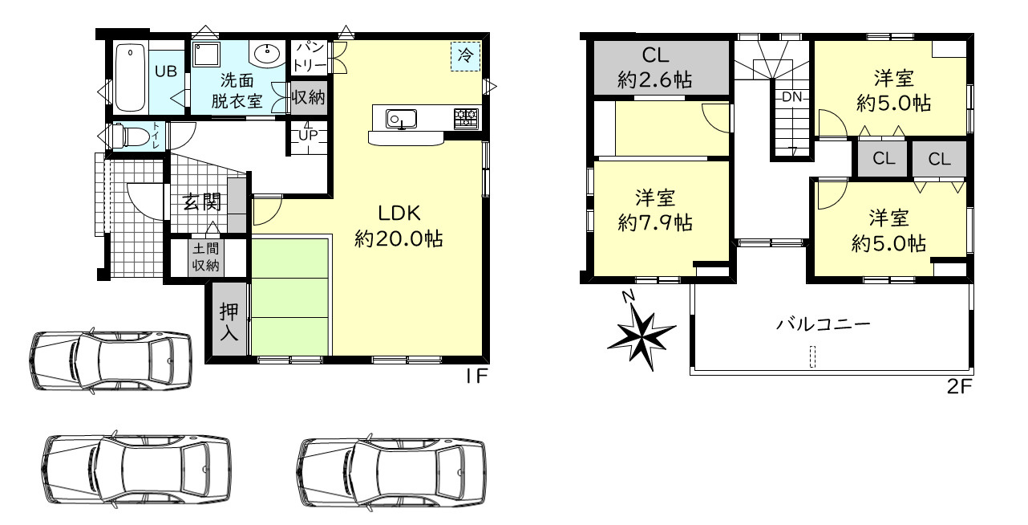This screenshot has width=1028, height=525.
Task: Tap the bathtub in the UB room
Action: click(x=131, y=78)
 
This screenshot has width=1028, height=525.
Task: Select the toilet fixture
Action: click(x=132, y=136)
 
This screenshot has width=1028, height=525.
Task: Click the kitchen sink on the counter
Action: click(x=401, y=119)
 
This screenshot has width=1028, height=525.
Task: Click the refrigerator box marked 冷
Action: click(x=465, y=56)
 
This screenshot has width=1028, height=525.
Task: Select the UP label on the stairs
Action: click(x=308, y=136)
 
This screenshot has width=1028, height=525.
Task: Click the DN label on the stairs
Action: click(x=791, y=97)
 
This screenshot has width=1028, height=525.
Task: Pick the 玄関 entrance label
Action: click(x=202, y=202)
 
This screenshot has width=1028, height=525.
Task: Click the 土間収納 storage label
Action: click(x=205, y=257)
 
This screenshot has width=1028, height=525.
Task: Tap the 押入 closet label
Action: click(x=229, y=321)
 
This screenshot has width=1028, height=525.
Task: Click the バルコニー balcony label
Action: click(x=824, y=324)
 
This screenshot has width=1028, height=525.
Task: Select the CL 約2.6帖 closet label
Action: click(x=655, y=68)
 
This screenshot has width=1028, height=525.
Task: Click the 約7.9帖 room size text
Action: click(x=655, y=223)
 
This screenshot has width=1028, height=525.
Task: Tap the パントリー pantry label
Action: click(x=310, y=57)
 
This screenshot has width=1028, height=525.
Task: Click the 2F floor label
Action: click(x=959, y=387)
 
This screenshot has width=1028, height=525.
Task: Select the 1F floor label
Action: click(x=476, y=376)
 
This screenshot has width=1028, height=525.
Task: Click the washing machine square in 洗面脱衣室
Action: click(x=206, y=55)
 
